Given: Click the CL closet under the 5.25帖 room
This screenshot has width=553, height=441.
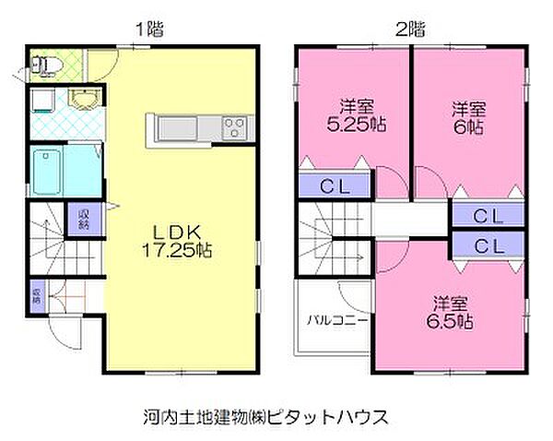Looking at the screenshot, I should pos(335,185).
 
